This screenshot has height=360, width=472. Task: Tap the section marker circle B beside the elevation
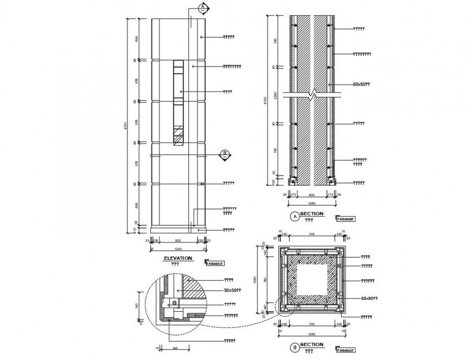pos(224,155)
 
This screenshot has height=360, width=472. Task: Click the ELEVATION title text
pos(177,259)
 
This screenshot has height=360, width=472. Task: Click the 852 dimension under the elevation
pos(177,240)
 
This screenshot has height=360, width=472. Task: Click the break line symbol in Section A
pos(311,97)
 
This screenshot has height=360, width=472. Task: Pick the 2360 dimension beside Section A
pos(277,96)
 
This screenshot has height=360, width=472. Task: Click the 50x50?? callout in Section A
pos(361,85)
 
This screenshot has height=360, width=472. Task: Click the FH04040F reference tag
pos(346,219)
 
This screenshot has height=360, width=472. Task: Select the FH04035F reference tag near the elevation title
pos(214,263)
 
